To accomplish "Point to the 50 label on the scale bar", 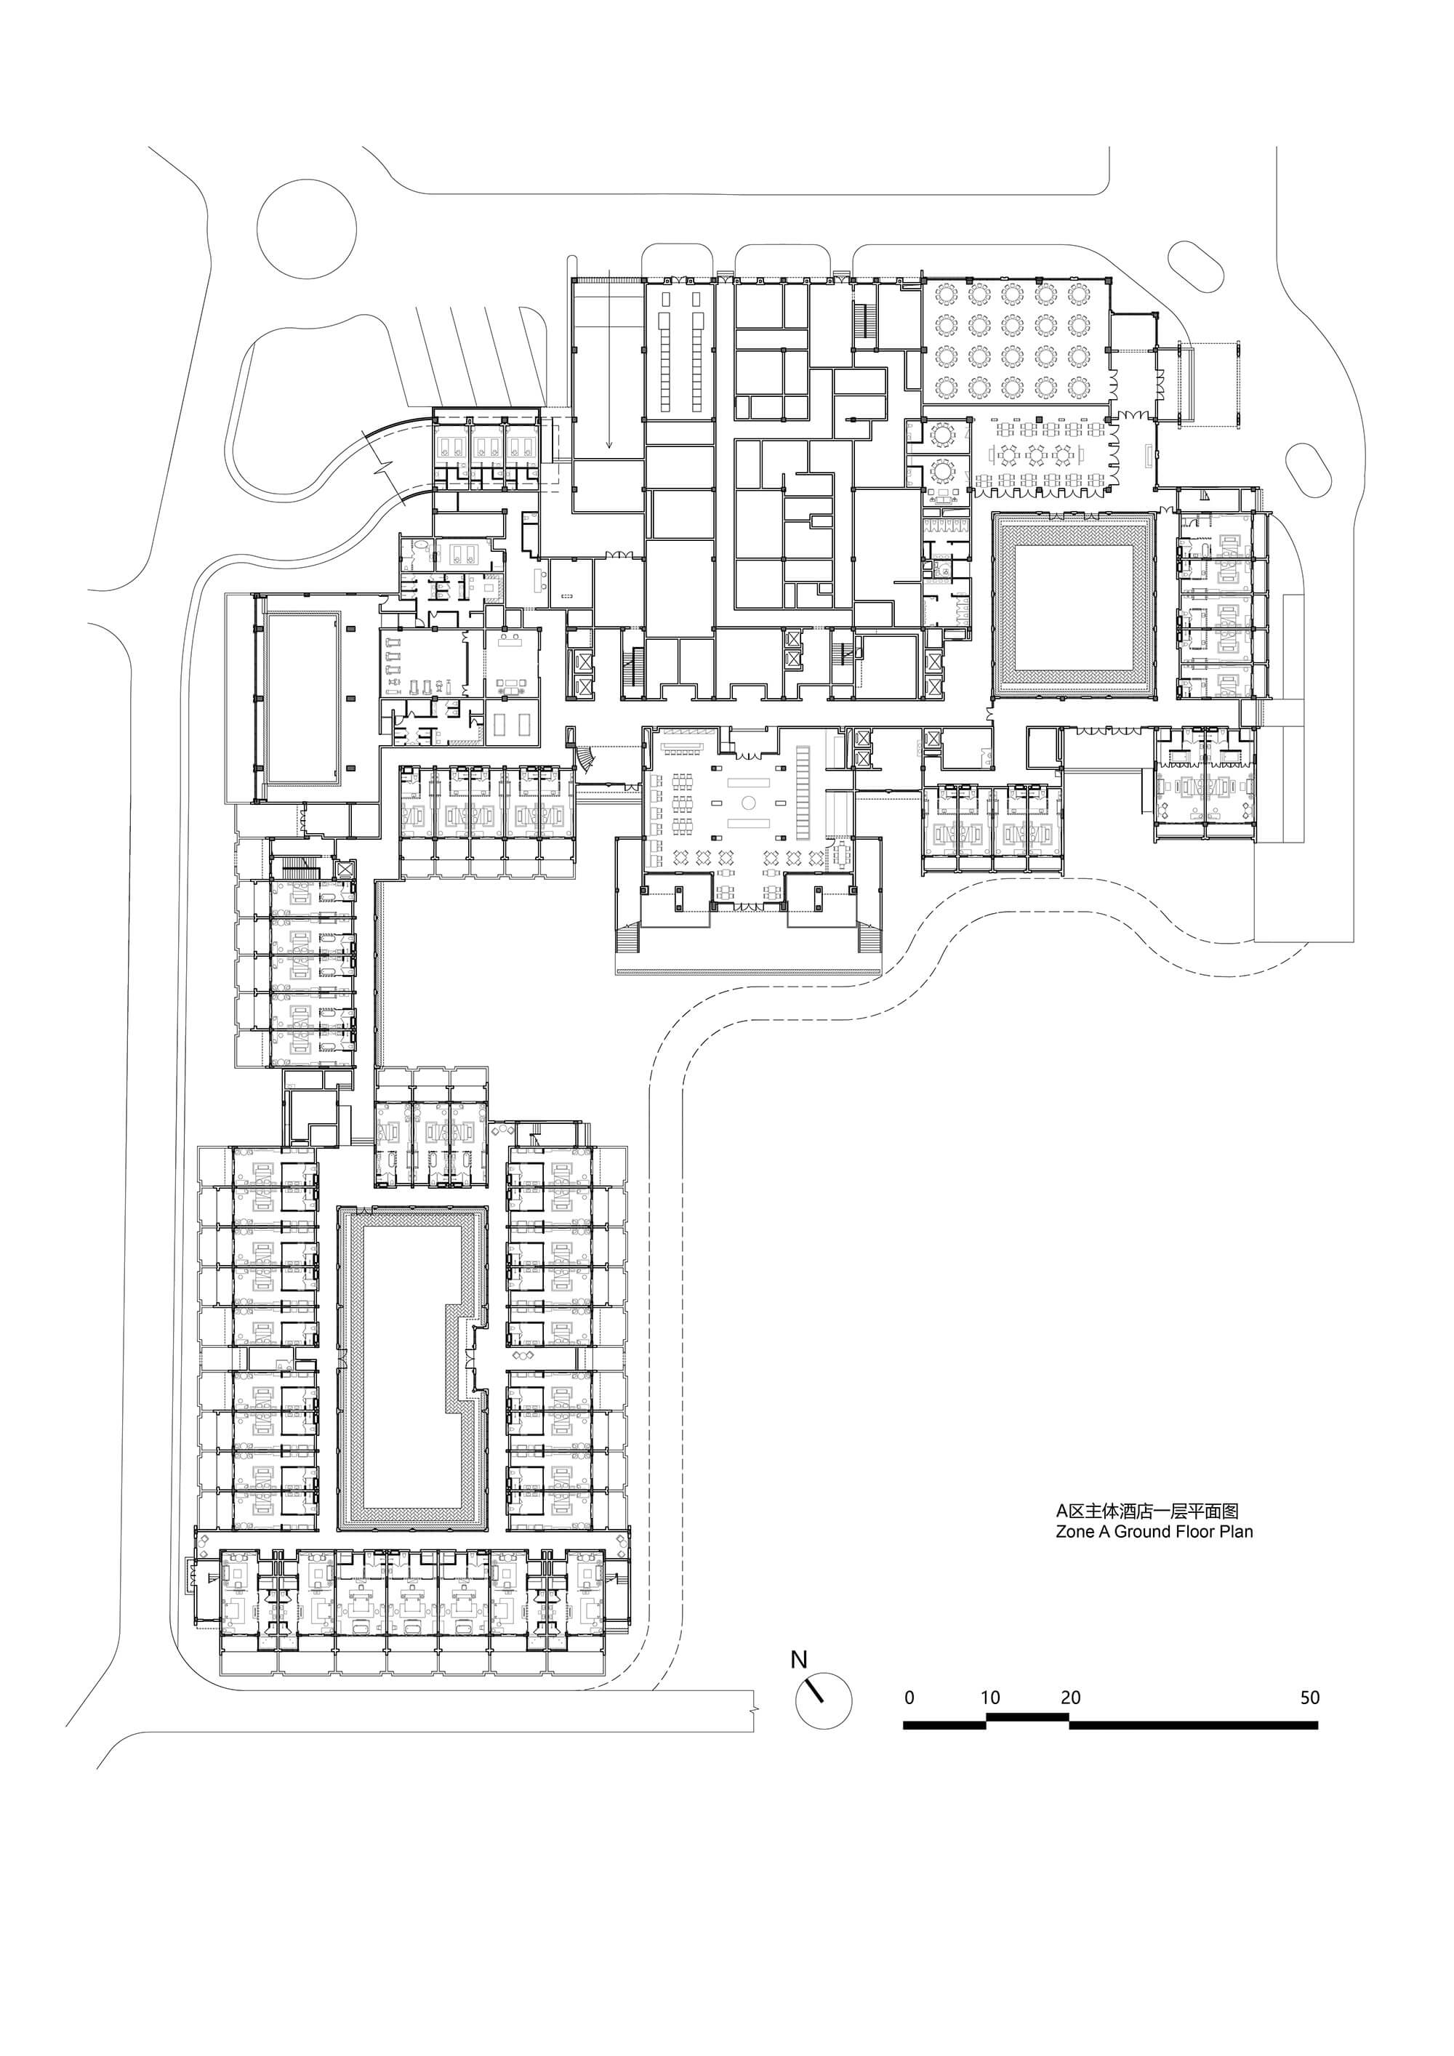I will [x=1310, y=1697].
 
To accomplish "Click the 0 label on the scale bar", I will [x=909, y=1697].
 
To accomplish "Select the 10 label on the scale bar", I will [x=989, y=1697].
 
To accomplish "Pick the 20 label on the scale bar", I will [x=1070, y=1697].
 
